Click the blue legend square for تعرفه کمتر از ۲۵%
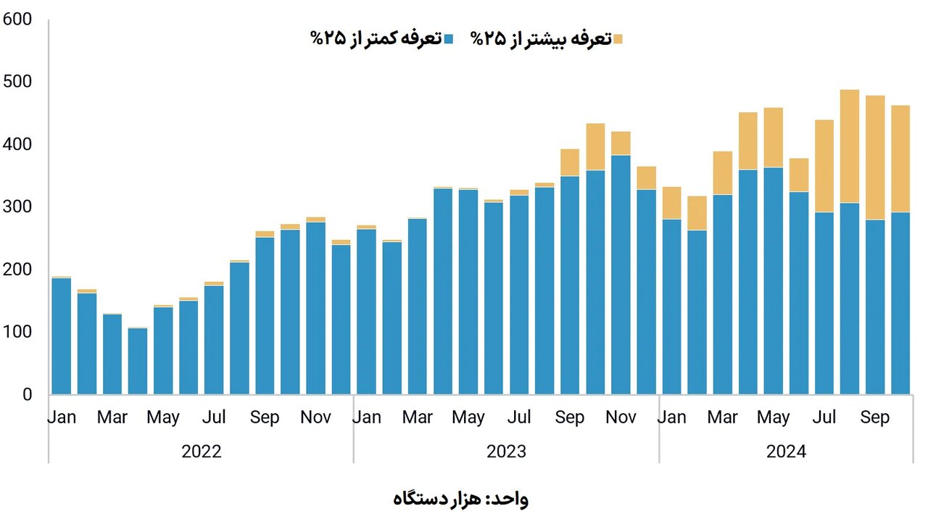tap(449, 39)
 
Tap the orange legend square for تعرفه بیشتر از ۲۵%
tap(617, 39)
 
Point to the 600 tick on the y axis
tap(17, 20)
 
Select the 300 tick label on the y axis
tap(17, 207)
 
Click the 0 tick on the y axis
tap(27, 395)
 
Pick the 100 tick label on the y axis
tap(17, 332)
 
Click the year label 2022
tap(201, 452)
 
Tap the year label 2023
tap(506, 452)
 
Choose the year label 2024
tap(786, 452)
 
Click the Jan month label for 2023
tap(367, 417)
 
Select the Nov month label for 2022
tap(315, 417)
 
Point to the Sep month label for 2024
tap(875, 417)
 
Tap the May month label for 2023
tap(468, 417)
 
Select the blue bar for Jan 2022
tap(62, 337)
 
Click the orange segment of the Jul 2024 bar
tap(824, 166)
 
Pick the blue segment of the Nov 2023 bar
tap(621, 275)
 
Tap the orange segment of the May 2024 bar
tap(774, 138)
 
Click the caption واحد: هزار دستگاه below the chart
tap(461, 499)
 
